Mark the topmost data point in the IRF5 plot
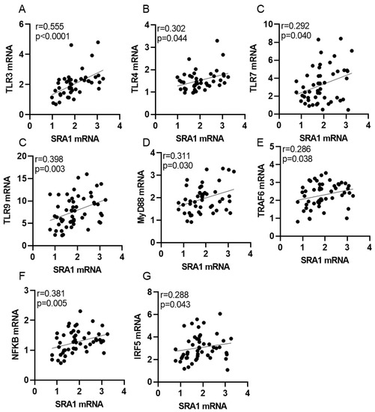click(219, 313)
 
